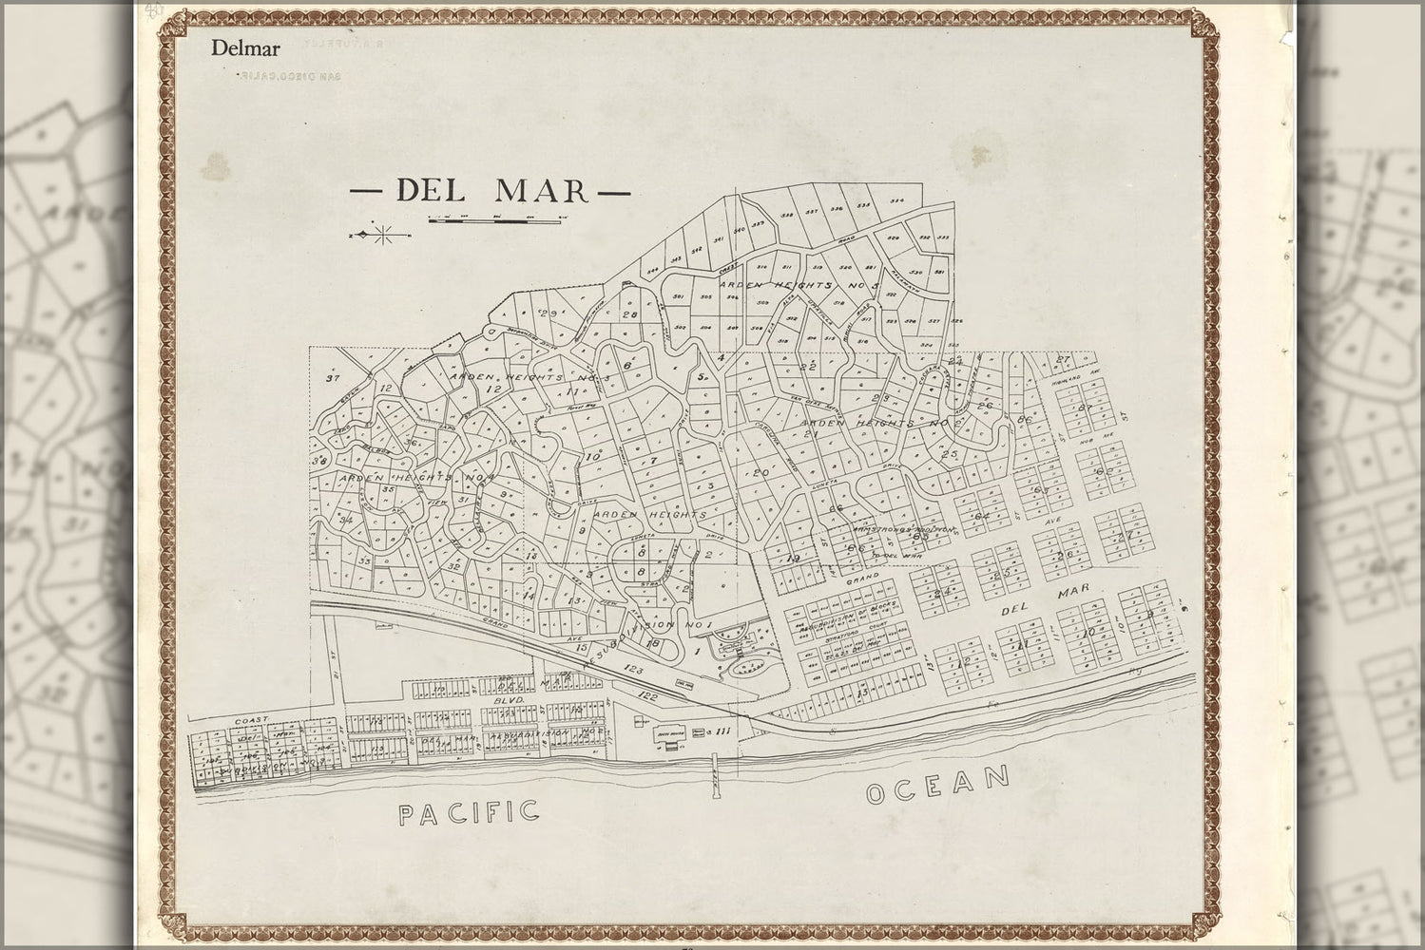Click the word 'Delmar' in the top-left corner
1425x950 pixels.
pos(239,47)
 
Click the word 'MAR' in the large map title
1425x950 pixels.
pos(542,190)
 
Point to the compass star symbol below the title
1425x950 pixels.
pos(382,234)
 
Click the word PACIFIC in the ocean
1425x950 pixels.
pos(469,812)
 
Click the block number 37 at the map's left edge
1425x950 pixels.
pos(332,378)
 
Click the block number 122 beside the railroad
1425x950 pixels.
pos(649,697)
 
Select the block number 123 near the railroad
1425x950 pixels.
pos(635,671)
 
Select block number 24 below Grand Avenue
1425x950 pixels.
pos(944,593)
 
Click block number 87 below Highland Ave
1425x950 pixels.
pos(1084,408)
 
